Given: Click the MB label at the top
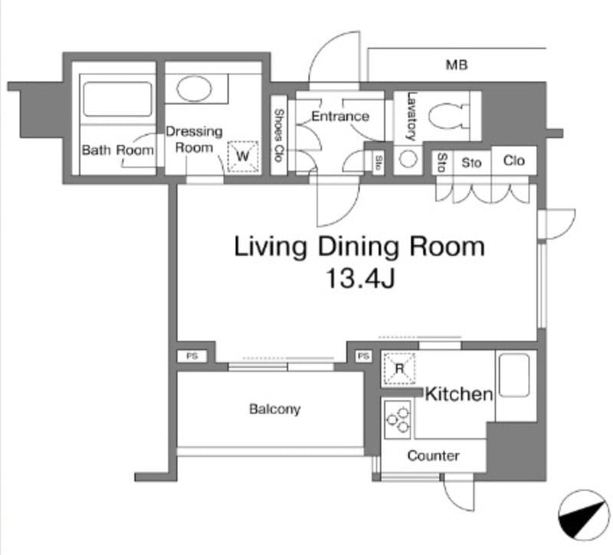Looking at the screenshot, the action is pos(457,64).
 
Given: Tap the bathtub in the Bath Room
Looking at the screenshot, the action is pos(117,100).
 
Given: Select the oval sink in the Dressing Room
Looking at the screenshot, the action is pos(194,88).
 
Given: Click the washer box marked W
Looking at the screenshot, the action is pos(243,156).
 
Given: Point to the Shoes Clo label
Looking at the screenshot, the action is pos(278,135).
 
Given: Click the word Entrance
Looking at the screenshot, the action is pos(340,117).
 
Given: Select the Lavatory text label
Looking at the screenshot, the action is pos(411,117).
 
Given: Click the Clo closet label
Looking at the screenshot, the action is pos(513,160).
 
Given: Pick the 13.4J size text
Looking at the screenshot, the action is pos(360,278).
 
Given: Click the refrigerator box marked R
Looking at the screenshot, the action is pos(399,369).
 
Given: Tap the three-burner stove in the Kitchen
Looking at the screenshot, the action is pos(398,419).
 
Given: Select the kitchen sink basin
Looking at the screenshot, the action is pos(514,376).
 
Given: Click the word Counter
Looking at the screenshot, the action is pos(433,455).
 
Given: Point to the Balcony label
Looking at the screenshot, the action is pos(275,409).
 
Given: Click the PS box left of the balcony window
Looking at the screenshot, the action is pos(192,356).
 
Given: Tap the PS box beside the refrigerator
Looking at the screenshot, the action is pos(363,356).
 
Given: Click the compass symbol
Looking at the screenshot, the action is pos(584,515).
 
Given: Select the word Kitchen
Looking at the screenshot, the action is pos(459,394).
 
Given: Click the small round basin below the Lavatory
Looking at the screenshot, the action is pos(408,159).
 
